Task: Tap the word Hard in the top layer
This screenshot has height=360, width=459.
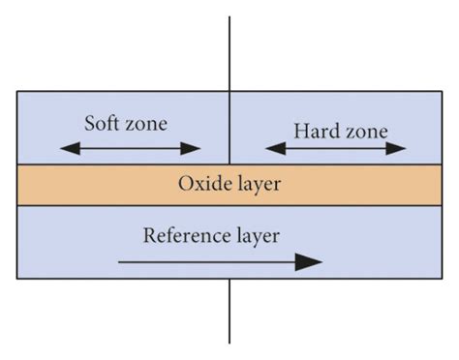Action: pyautogui.click(x=313, y=130)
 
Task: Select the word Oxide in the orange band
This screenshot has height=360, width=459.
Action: pyautogui.click(x=199, y=183)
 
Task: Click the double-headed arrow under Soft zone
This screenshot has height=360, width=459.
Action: pyautogui.click(x=130, y=148)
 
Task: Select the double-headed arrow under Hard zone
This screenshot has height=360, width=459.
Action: pyautogui.click(x=336, y=148)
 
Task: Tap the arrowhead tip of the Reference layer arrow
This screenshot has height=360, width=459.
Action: pyautogui.click(x=320, y=260)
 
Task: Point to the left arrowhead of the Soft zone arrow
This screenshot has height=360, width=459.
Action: pyautogui.click(x=65, y=148)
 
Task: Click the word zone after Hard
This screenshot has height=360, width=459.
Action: pyautogui.click(x=362, y=130)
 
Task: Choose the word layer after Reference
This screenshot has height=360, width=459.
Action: pyautogui.click(x=257, y=235)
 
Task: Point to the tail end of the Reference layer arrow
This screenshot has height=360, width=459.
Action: pyautogui.click(x=120, y=260)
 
